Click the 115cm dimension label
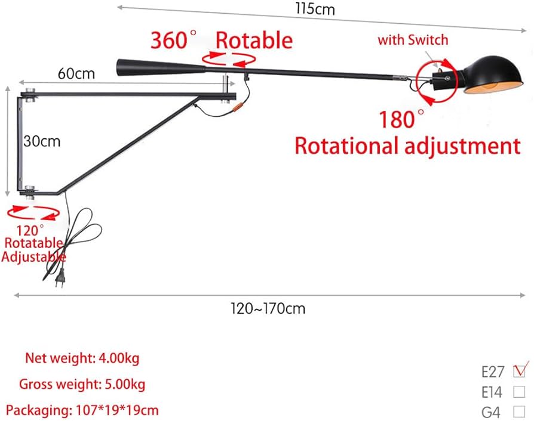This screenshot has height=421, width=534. tap(315, 9)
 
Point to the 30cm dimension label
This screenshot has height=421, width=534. tap(42, 141)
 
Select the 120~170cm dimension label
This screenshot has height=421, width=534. tap(268, 308)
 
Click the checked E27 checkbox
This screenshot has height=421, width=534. tap(518, 371)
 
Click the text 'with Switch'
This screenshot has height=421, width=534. tap(413, 41)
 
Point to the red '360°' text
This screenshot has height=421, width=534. tap(173, 41)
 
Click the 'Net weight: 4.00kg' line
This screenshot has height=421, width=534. tap(82, 358)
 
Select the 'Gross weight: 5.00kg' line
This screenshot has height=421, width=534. tap(82, 384)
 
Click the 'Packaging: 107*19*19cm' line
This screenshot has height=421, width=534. tap(82, 410)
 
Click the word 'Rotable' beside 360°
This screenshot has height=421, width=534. tap(254, 41)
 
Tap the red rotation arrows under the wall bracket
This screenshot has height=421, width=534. tap(33, 213)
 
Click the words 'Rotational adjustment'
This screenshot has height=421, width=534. tap(407, 146)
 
